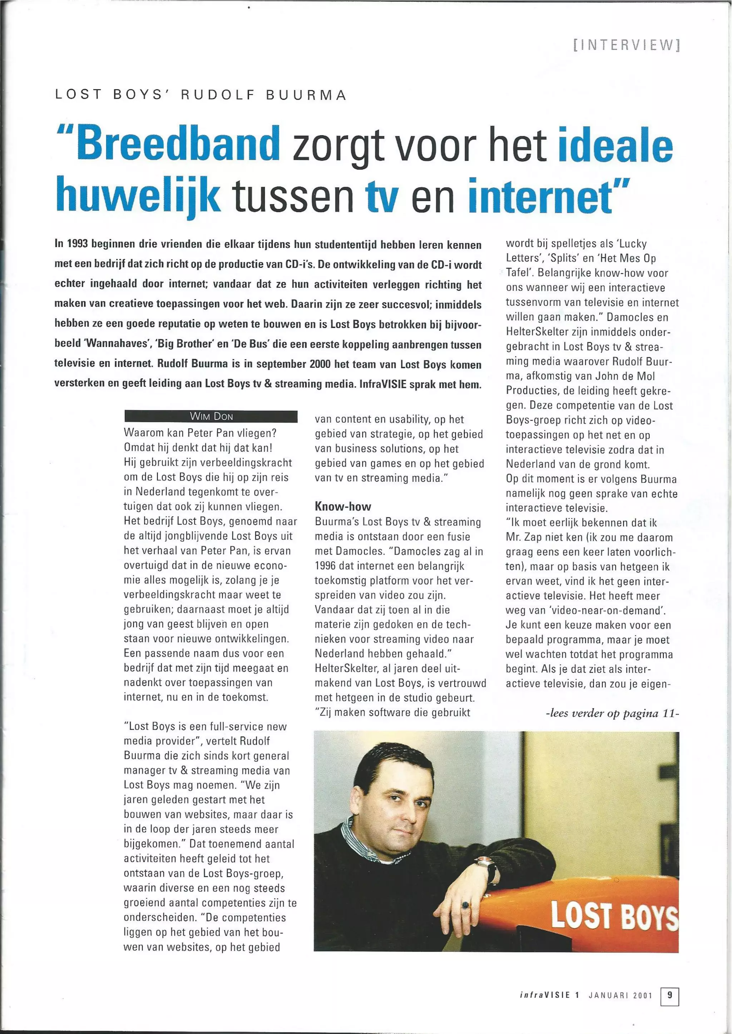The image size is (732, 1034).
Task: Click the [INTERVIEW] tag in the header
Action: [x=626, y=45]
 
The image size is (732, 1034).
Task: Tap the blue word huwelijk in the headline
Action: [x=138, y=195]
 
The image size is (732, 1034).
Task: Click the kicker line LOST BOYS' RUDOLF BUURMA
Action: [x=201, y=95]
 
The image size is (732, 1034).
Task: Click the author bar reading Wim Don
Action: [x=211, y=416]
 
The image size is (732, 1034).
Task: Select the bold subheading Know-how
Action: [x=342, y=506]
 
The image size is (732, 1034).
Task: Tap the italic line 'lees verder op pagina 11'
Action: [x=612, y=713]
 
